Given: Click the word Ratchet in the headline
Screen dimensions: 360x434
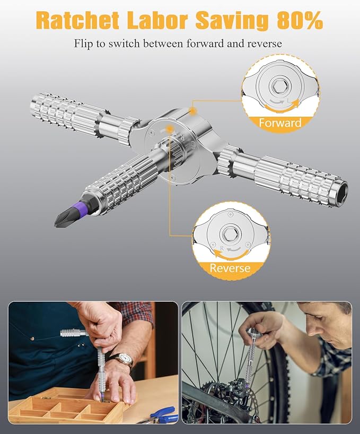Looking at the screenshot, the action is point(78,20).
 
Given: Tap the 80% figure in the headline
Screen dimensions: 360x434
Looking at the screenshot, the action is point(300,20).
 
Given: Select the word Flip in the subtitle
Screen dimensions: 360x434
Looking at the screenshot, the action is point(83,44).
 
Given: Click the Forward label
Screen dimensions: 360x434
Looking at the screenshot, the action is point(280,123).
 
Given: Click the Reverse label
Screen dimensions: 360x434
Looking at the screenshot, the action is point(230,268).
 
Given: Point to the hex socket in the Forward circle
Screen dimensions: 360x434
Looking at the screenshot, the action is point(278,86).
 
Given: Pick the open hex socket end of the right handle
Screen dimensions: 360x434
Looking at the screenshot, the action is point(342,190).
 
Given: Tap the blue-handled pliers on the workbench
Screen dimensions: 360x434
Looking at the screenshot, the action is point(162,415).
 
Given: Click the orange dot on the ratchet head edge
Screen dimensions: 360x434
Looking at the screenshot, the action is point(192,110).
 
